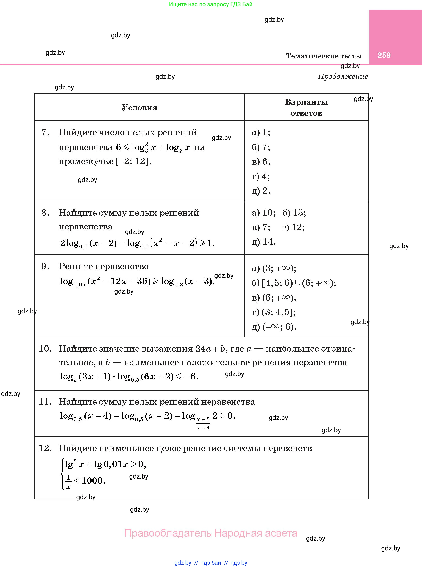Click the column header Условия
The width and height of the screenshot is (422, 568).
pos(139,108)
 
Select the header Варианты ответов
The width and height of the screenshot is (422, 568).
pos(306,108)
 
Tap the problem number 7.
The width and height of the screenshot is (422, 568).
pos(45,132)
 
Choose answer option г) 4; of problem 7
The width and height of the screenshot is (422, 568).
pos(260,176)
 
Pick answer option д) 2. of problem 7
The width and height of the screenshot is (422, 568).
pos(261,191)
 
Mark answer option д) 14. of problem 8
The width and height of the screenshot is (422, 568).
pos(264,242)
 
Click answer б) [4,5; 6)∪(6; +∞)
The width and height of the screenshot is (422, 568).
pos(294,283)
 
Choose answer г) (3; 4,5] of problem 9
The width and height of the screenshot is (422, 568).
pos(273,312)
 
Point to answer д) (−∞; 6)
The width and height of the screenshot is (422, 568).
pos(274,327)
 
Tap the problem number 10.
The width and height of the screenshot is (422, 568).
pos(45,348)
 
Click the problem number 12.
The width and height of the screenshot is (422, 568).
pos(45,448)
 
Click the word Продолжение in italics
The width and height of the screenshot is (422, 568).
pos(343,76)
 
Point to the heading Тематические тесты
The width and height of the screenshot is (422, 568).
pos(324,56)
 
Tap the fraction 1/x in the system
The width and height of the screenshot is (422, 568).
pos(68,481)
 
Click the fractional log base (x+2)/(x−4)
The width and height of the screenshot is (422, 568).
pos(203,423)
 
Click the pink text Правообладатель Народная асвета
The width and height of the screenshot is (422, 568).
pos(211,533)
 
